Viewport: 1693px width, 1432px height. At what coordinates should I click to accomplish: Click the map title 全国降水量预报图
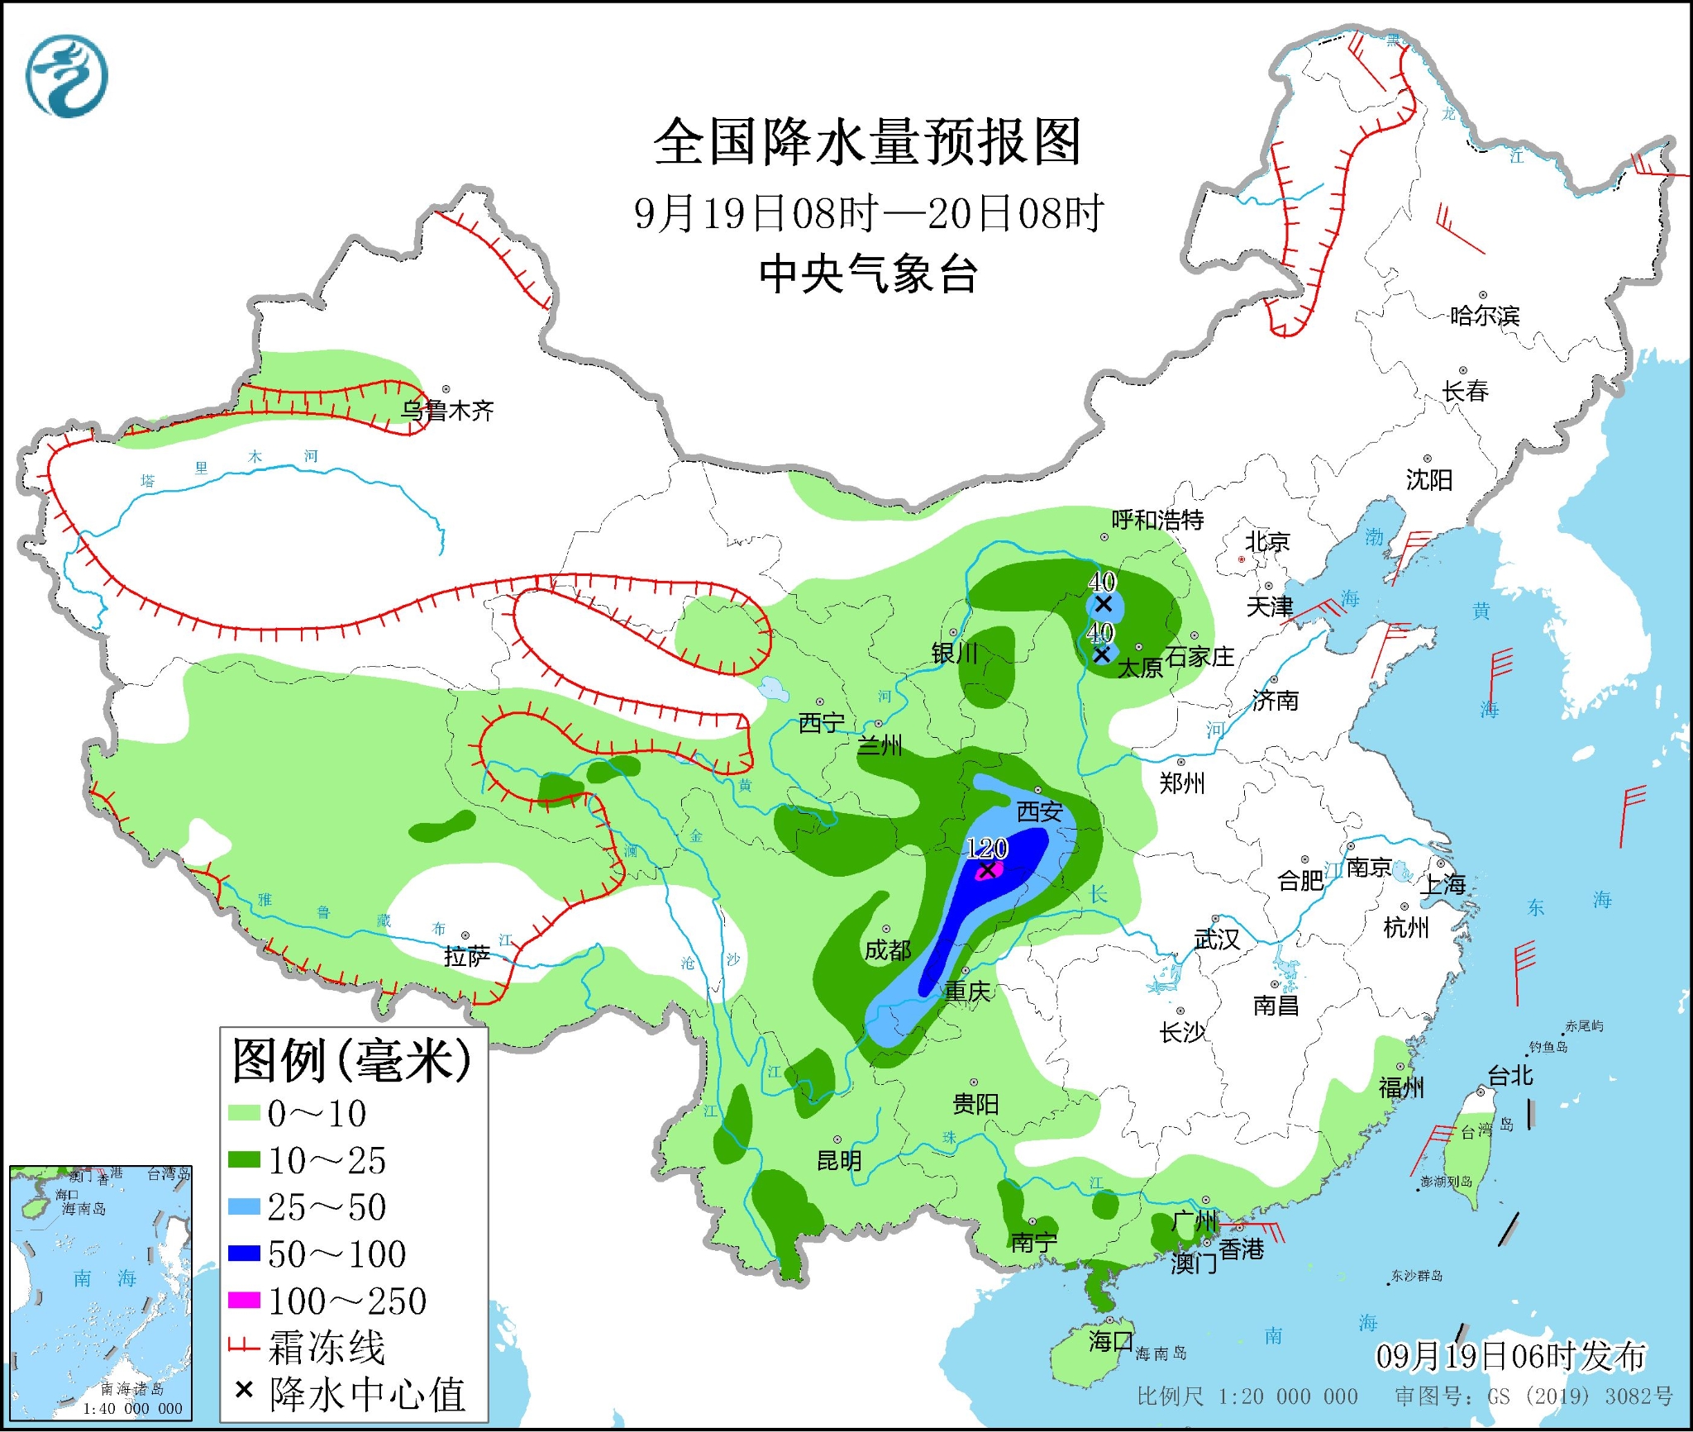pos(867,142)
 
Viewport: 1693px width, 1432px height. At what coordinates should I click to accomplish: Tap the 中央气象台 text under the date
pos(868,274)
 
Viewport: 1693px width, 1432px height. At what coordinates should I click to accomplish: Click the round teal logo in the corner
pos(66,76)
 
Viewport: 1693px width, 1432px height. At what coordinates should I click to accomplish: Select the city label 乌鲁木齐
pos(447,411)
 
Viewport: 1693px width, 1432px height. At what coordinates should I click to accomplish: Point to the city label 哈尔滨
pos(1484,316)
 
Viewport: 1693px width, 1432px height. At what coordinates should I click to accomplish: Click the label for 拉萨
pos(466,956)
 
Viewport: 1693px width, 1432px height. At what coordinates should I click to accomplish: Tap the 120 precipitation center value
pos(986,848)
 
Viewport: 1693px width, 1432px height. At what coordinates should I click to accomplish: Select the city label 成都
pos(887,950)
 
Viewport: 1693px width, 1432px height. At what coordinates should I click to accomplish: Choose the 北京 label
pos(1266,542)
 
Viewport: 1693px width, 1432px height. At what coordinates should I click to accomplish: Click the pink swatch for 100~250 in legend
pos(244,1301)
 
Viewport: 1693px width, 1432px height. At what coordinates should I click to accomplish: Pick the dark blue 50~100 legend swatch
pos(244,1254)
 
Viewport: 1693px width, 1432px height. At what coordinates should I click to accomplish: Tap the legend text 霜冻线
pos(327,1348)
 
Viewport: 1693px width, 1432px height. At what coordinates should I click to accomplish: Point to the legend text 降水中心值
pos(367,1395)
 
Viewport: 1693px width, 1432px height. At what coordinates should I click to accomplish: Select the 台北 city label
pos(1509,1076)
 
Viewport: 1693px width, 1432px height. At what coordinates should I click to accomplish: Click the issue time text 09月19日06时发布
pos(1510,1356)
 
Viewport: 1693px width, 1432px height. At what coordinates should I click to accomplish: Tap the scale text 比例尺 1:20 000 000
pos(1247,1396)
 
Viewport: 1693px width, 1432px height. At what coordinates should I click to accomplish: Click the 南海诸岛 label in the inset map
pos(132,1389)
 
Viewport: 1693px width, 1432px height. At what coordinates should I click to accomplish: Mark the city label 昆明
pos(839,1161)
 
